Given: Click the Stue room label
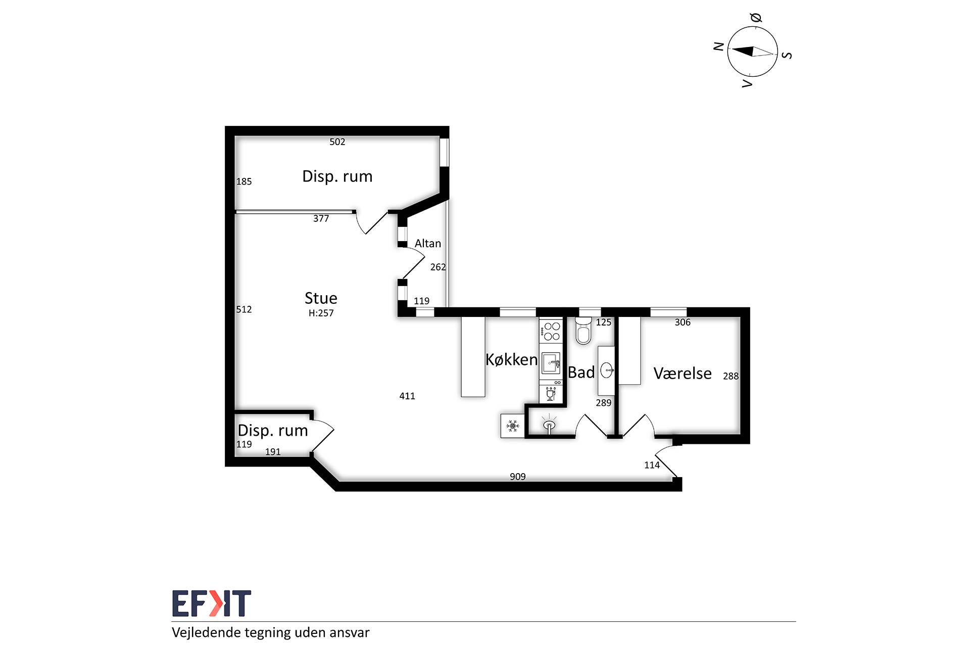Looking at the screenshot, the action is [321, 298].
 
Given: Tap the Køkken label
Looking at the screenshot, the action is [511, 359].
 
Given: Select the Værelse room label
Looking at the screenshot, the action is [683, 374].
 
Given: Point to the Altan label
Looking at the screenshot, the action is [428, 244].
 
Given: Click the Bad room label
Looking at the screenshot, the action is [581, 373].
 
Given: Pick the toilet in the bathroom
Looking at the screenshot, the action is [584, 331].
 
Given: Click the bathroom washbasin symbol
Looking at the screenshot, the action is [607, 371].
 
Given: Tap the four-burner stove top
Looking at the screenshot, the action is [551, 331].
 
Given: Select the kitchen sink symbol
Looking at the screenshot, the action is [551, 362].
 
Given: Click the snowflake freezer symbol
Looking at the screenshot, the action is [513, 426].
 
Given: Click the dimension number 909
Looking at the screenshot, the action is [518, 477].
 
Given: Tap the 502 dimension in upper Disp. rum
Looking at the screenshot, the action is [337, 142].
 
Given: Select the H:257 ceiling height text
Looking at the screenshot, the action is [321, 313].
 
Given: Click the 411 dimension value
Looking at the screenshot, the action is [407, 396].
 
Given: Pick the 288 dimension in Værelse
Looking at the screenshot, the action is [731, 376].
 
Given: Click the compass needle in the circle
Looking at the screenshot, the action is [753, 52].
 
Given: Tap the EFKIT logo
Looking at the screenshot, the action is [212, 604].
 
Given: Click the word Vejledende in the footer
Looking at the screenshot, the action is [206, 633].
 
